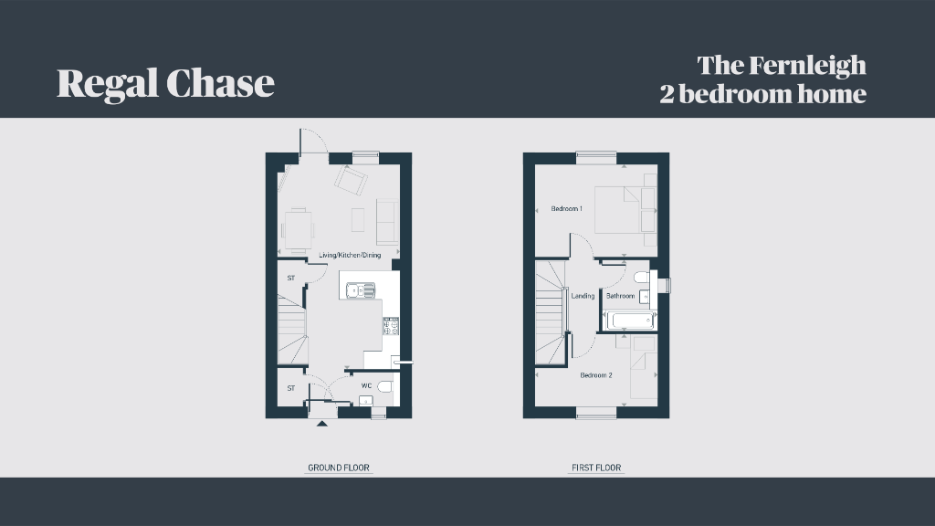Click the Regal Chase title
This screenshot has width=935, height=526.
(165, 83)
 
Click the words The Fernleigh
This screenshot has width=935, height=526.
(782, 66)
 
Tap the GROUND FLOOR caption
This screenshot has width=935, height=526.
(338, 468)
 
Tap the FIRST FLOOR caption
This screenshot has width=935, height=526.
(596, 468)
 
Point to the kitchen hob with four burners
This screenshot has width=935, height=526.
(391, 326)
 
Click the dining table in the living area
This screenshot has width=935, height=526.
(297, 228)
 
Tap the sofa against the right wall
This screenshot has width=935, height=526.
(387, 222)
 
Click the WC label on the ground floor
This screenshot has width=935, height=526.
(366, 386)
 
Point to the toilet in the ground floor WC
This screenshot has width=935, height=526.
(384, 387)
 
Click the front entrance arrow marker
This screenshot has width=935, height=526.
(321, 423)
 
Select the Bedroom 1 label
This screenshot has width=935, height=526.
(567, 209)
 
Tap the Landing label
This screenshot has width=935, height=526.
(583, 296)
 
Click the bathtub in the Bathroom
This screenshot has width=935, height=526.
(629, 321)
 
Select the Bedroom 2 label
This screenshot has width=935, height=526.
(596, 375)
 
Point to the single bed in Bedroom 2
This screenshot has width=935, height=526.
(644, 369)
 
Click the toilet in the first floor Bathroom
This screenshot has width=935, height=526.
(641, 277)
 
